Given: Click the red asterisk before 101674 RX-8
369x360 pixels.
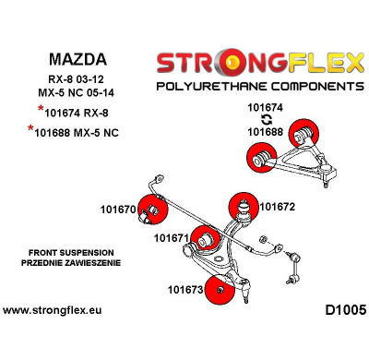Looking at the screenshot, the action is [41, 111].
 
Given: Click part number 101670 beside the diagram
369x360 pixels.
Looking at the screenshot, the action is [118, 209].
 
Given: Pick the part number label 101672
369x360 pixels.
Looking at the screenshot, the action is [277, 207].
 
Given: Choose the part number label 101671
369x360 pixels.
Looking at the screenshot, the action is [172, 237].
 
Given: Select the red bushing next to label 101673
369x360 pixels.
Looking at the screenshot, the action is [220, 289].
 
